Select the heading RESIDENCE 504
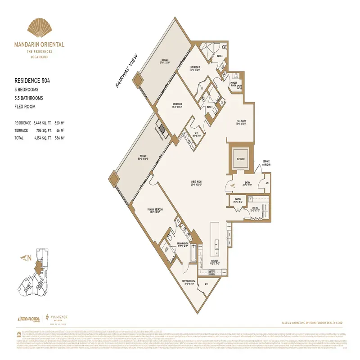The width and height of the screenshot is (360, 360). [x=32, y=81]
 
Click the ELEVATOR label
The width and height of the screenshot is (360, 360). [x=240, y=159]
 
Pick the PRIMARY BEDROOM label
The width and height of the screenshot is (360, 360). [x=154, y=210]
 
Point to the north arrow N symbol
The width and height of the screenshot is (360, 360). [x=25, y=258]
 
